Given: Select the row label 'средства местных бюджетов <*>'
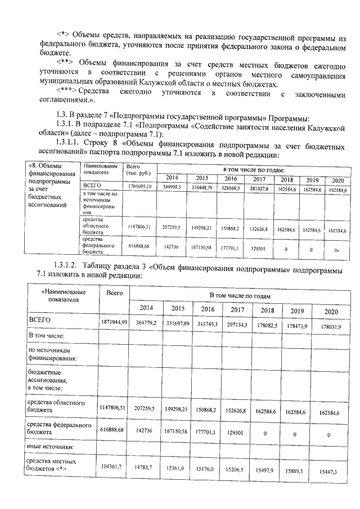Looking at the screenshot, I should (x=52, y=465).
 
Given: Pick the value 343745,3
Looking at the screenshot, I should (x=207, y=323).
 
